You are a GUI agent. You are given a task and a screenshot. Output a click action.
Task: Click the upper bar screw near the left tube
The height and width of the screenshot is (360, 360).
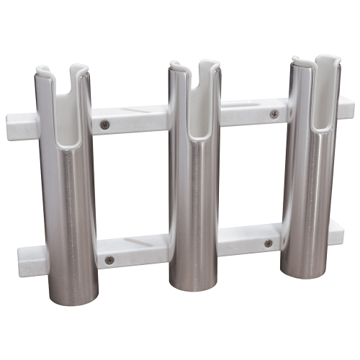click(107, 124)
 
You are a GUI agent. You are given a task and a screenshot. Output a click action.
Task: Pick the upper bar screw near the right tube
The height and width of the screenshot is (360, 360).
click(274, 114)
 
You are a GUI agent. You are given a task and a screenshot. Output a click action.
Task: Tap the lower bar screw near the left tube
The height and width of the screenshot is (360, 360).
click(109, 259)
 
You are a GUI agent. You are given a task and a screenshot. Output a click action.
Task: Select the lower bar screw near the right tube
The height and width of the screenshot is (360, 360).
click(269, 243)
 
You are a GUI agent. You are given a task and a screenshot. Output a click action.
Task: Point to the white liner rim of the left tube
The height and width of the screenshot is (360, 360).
click(45, 71)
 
